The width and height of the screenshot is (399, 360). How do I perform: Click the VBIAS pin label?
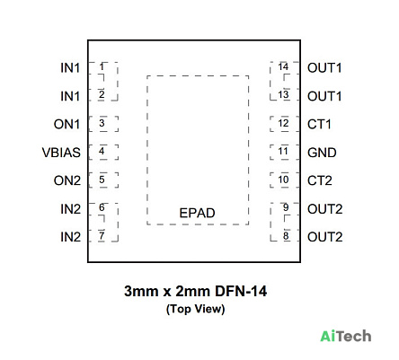[61, 153]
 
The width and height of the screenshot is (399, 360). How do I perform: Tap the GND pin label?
[322, 153]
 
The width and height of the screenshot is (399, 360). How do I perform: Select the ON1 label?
[66, 124]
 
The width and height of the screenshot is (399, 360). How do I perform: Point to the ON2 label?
[67, 180]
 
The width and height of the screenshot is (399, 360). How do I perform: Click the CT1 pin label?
[319, 124]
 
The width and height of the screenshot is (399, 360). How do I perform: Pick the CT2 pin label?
[320, 180]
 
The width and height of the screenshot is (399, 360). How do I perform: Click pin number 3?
[102, 123]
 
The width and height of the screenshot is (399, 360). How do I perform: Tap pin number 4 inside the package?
[102, 151]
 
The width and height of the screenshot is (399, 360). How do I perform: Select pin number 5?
[102, 180]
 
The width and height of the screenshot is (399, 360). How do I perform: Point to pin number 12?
[283, 123]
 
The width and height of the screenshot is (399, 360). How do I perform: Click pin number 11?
[283, 151]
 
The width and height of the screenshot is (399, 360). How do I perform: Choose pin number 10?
[283, 180]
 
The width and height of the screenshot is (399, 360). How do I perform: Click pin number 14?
[283, 66]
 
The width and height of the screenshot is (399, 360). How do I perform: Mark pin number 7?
[102, 236]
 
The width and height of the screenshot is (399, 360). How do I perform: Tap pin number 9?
[286, 207]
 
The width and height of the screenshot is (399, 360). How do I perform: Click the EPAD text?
[197, 213]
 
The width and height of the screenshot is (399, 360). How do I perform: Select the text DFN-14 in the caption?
[241, 291]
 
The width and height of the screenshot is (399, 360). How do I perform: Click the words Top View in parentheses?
[196, 309]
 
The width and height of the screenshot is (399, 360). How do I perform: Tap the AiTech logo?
[346, 336]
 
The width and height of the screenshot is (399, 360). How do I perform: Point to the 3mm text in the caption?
[141, 291]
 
